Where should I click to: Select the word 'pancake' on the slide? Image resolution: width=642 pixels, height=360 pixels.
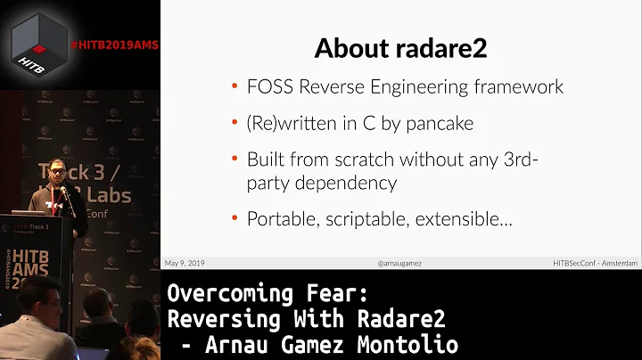pos(440,124)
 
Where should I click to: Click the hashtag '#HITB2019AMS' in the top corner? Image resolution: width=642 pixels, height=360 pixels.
pos(113,45)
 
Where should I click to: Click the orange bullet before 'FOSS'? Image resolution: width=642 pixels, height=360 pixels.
pos(235,88)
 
